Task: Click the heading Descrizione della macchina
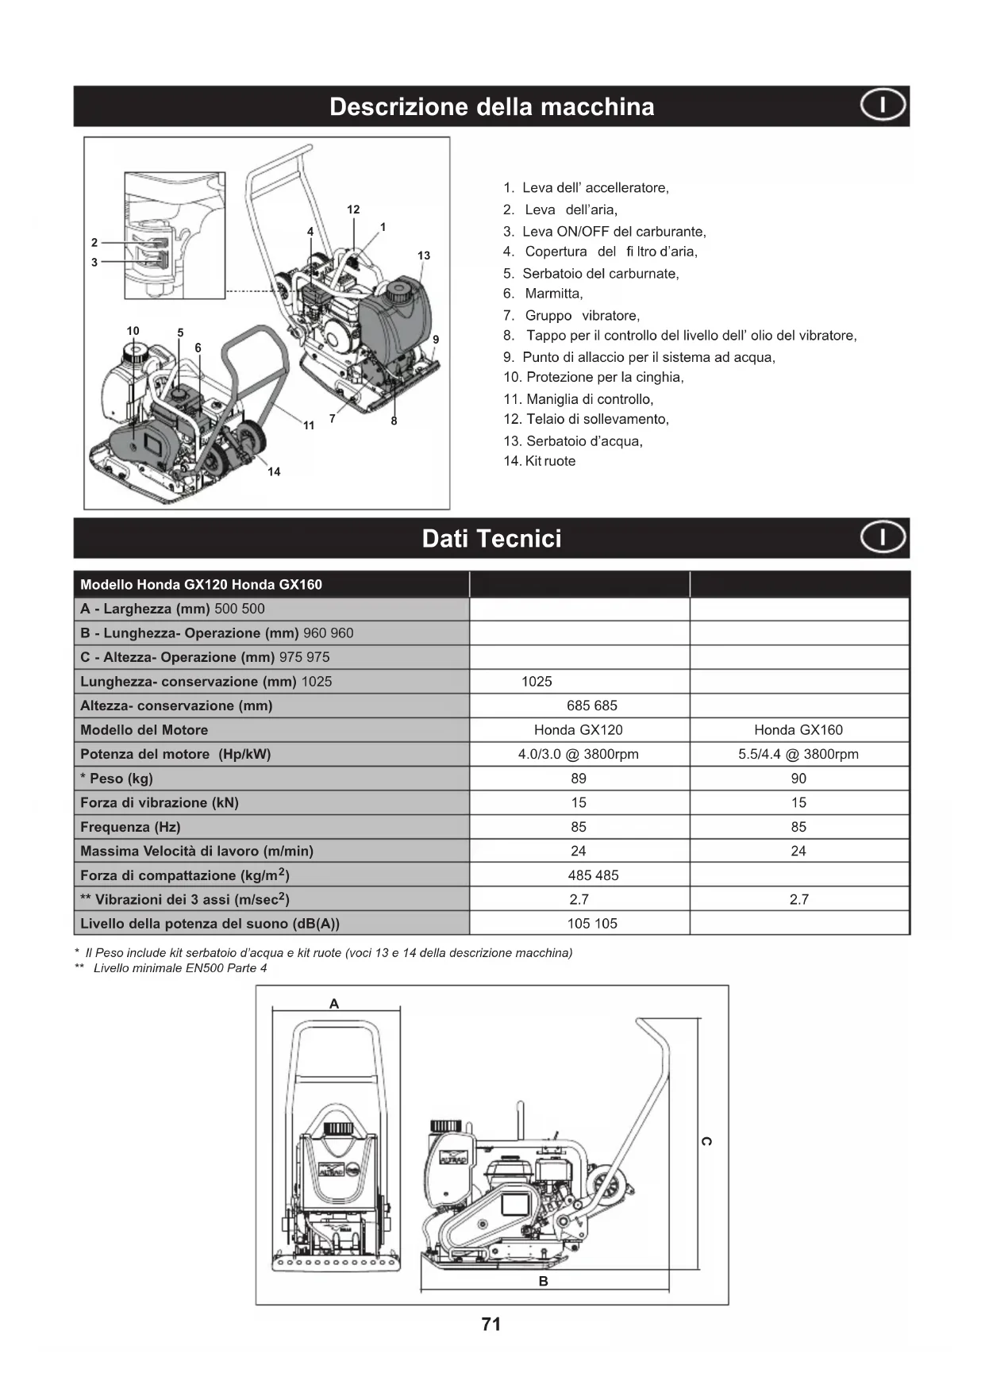point(491,107)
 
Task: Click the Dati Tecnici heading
point(491,539)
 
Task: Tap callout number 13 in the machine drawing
point(424,256)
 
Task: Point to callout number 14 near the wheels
point(274,471)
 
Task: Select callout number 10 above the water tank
point(133,331)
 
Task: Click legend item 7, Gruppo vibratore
point(571,316)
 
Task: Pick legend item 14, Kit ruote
point(540,461)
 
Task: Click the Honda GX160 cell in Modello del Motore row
point(798,730)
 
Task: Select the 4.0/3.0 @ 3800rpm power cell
point(579,754)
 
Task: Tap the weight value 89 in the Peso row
point(579,779)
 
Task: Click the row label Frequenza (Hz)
point(130,827)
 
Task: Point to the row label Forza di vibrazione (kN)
point(160,802)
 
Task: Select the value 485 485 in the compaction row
point(593,875)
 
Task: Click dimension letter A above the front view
point(334,1004)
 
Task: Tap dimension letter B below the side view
point(544,1281)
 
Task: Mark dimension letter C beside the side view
point(707,1141)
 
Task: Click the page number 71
point(491,1324)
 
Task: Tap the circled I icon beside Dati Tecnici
point(883,537)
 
